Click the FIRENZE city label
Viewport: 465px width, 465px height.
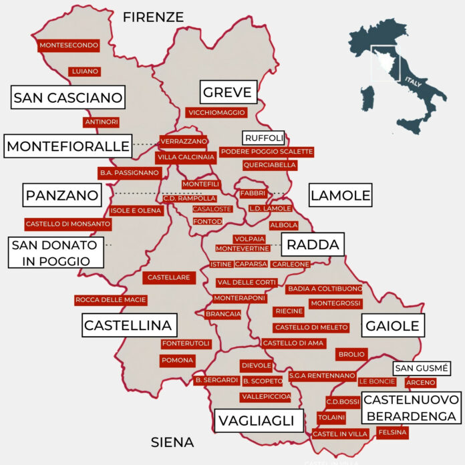coord(153,17)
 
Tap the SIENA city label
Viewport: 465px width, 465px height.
coord(172,442)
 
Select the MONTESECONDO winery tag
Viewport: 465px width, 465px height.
coord(69,45)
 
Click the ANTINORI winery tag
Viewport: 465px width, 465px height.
coord(102,122)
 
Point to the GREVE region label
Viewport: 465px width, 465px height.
coord(227,92)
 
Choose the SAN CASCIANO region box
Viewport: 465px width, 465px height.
coord(68,98)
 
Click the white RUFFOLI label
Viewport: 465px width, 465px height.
coord(263,138)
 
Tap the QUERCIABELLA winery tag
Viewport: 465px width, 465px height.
coord(269,165)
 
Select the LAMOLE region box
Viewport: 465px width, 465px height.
coord(339,196)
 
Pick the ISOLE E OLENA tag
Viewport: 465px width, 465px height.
coord(136,210)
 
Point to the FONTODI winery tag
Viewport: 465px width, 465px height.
coord(207,221)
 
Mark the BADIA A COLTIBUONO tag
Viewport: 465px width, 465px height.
coord(324,289)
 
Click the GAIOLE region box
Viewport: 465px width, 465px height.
coord(392,326)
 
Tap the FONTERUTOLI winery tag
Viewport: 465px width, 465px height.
coord(186,344)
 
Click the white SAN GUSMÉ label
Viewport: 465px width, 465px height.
coord(420,368)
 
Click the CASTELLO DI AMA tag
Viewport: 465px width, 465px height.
coord(293,343)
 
